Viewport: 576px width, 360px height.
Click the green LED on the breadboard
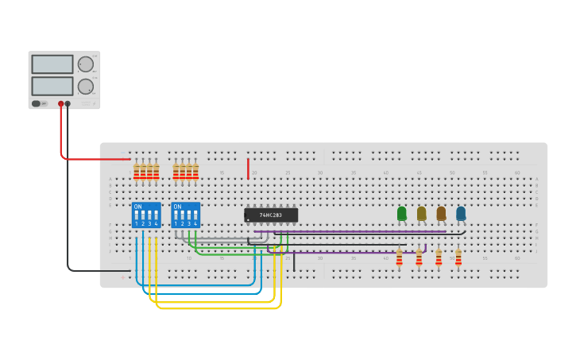coord(402,213)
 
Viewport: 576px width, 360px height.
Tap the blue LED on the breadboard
coord(461,213)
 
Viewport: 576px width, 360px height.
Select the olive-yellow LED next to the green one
coord(422,213)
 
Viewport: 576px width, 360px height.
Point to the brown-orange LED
coord(441,213)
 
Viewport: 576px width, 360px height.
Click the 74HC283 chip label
coord(271,215)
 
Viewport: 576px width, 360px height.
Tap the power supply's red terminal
coord(60,103)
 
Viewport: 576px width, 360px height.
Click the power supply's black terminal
coord(68,103)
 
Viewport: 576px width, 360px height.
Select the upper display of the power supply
coord(52,64)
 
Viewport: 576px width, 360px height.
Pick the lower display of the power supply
coord(52,86)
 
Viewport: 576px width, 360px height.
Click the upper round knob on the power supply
coord(85,64)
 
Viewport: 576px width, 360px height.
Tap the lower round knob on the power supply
coord(85,86)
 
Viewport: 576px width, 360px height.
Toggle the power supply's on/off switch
coord(37,103)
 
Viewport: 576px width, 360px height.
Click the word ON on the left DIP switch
coord(138,207)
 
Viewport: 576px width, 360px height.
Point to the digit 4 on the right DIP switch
coord(195,224)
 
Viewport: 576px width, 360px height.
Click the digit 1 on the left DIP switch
coord(136,224)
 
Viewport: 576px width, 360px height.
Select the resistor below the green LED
coord(400,259)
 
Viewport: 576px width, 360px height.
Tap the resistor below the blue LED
coord(458,259)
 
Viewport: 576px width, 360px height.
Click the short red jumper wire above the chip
coord(248,168)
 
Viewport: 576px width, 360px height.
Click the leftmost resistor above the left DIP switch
coord(137,172)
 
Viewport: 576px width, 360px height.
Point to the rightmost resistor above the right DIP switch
coord(195,172)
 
